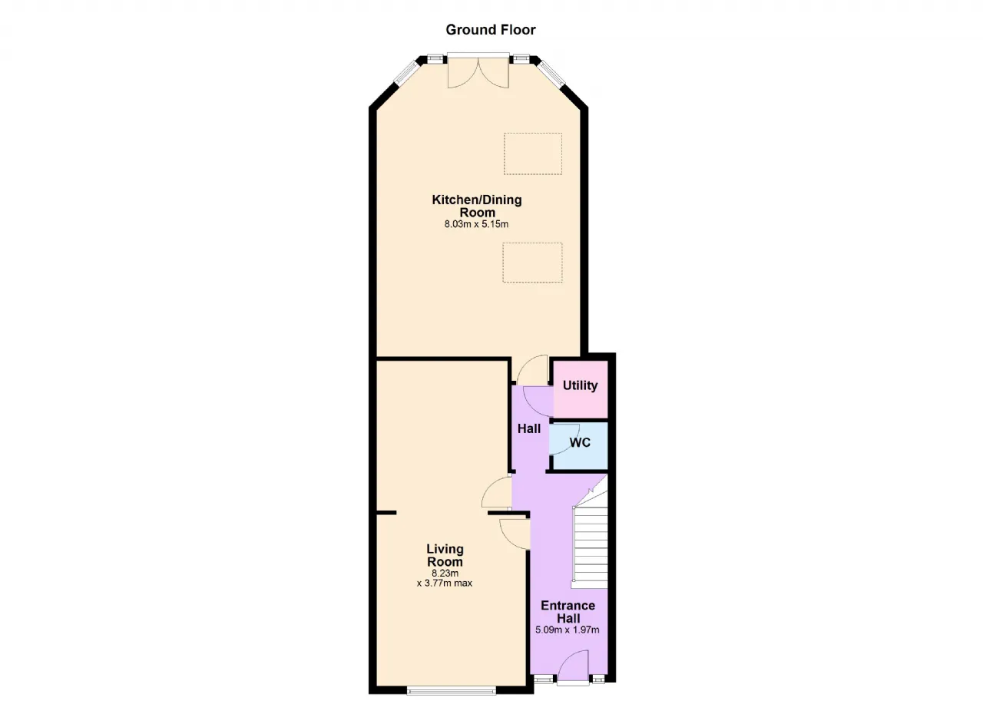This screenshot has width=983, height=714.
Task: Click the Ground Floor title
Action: click(491, 30)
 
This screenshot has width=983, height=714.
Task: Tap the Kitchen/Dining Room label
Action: click(477, 206)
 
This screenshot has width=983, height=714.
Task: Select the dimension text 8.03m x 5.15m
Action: click(477, 224)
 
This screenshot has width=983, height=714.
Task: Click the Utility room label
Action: click(580, 385)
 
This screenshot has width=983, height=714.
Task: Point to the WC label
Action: click(580, 442)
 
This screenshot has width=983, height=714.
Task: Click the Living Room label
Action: click(445, 555)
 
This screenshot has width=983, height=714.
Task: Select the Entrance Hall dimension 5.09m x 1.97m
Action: click(568, 630)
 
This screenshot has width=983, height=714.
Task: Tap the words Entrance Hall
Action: click(568, 612)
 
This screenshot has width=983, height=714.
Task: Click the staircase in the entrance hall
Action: click(590, 537)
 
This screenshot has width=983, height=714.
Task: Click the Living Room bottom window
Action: click(452, 692)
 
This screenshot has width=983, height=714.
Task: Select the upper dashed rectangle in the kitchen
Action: click(533, 154)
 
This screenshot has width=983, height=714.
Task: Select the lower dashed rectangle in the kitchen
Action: click(532, 263)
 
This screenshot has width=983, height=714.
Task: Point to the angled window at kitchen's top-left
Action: click(405, 72)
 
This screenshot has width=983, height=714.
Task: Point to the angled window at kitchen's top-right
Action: click(552, 72)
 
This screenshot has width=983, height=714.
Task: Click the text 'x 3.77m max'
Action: click(445, 583)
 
